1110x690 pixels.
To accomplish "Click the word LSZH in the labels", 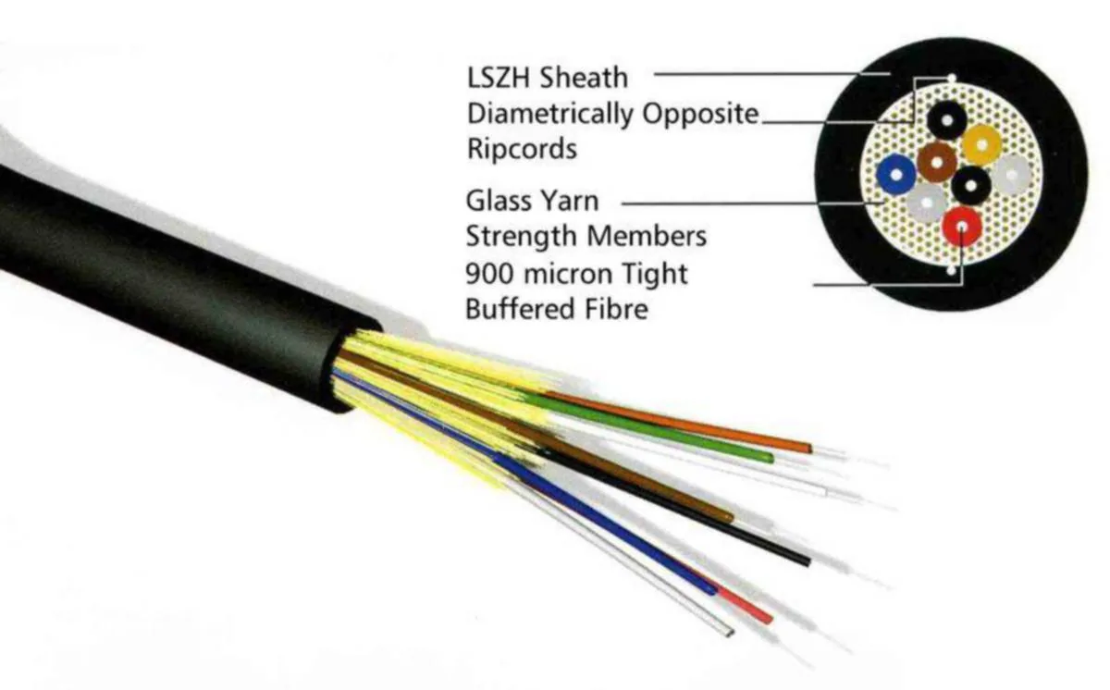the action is [499, 78].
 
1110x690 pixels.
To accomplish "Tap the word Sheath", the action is [584, 78].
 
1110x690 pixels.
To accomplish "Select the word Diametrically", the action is [550, 115].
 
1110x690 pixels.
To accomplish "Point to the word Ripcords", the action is [523, 148].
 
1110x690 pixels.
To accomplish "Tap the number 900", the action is [489, 274].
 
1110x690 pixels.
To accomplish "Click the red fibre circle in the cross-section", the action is [962, 227].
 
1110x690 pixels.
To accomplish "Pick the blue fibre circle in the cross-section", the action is [896, 175].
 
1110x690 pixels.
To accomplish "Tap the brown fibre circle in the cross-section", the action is [936, 162].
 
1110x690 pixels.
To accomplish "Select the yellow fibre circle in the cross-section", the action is [981, 144].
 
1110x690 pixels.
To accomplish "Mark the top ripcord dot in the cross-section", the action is [952, 78].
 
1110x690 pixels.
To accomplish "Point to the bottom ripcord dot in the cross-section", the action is [951, 270].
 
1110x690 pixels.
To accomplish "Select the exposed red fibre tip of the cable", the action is [745, 605].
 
